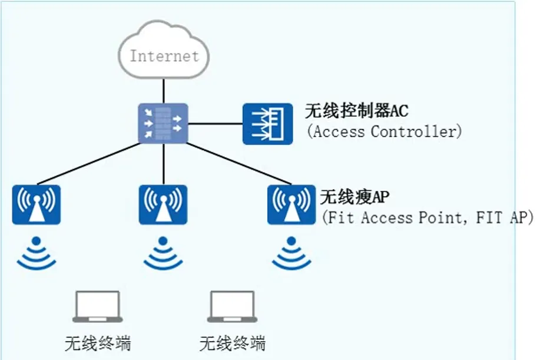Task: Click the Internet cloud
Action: (x=163, y=50)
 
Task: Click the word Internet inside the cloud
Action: (x=164, y=57)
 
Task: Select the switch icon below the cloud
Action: (x=163, y=124)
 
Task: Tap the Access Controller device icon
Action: (x=267, y=124)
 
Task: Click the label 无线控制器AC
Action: (x=356, y=110)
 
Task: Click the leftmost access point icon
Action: (x=37, y=204)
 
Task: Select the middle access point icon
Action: (x=163, y=204)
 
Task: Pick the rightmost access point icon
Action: (x=291, y=204)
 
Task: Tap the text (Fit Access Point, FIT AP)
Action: (x=427, y=217)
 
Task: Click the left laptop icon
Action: (x=98, y=306)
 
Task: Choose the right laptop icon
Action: (x=233, y=306)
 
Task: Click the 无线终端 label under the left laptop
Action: (x=98, y=343)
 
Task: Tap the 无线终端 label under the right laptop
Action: (x=233, y=343)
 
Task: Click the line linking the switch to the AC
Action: (x=215, y=124)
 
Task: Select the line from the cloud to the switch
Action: (x=163, y=91)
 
